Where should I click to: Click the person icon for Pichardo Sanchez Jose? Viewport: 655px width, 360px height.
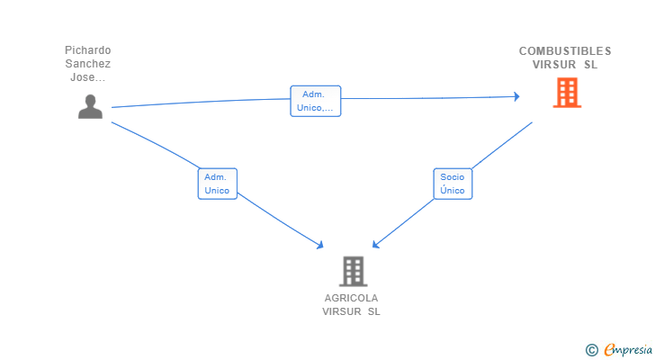[x=90, y=106]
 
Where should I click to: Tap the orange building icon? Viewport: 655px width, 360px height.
[x=567, y=92]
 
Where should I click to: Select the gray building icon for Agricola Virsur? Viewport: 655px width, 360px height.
[x=354, y=271]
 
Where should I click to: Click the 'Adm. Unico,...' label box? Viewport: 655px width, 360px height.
[x=315, y=101]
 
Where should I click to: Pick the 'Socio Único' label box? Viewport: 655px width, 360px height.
[x=453, y=184]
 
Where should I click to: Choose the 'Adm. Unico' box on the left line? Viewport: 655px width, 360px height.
[x=217, y=184]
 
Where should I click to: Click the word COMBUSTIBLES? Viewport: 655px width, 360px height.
[x=565, y=50]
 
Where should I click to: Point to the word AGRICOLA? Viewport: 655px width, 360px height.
[x=352, y=298]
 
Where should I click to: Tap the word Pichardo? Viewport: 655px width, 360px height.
[x=88, y=50]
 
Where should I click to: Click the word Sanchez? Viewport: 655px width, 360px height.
[x=88, y=64]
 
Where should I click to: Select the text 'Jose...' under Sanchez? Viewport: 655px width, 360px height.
[x=88, y=77]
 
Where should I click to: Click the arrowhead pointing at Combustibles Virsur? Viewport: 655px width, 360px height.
[x=516, y=96]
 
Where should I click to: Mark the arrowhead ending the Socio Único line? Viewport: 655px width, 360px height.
[x=375, y=245]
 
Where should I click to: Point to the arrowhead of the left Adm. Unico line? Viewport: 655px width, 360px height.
[x=319, y=245]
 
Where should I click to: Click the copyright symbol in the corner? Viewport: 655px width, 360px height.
[x=591, y=349]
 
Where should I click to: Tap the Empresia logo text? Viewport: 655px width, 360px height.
[x=627, y=349]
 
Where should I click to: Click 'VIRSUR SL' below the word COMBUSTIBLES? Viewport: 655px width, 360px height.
[x=565, y=65]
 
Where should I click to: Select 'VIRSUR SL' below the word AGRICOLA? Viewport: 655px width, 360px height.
[x=352, y=311]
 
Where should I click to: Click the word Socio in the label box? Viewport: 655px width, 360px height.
[x=453, y=177]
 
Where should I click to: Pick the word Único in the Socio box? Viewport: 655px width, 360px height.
[x=453, y=191]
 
